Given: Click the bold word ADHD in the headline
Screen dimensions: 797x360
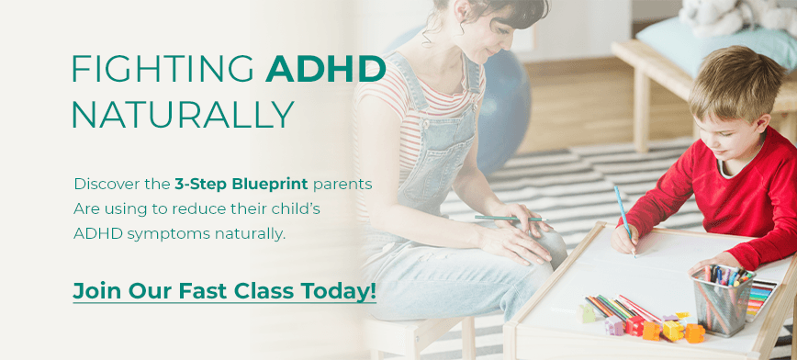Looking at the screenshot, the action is pyautogui.click(x=326, y=68).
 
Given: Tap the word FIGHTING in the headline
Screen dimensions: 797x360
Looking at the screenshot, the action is pyautogui.click(x=163, y=68).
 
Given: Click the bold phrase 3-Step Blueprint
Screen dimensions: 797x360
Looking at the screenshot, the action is pyautogui.click(x=241, y=184).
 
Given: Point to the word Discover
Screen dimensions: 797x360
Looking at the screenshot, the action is pyautogui.click(x=107, y=184).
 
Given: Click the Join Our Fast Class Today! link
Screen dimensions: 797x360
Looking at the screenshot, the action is pyautogui.click(x=225, y=291).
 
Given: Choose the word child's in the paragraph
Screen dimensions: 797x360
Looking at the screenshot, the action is pyautogui.click(x=296, y=208).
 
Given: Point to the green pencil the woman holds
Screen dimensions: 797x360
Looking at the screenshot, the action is pyautogui.click(x=510, y=219).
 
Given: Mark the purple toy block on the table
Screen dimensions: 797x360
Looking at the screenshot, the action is pyautogui.click(x=614, y=325).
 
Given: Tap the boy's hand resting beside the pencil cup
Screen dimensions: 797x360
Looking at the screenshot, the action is pyautogui.click(x=712, y=261).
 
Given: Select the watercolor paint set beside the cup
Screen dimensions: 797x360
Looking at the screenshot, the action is pyautogui.click(x=761, y=299).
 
